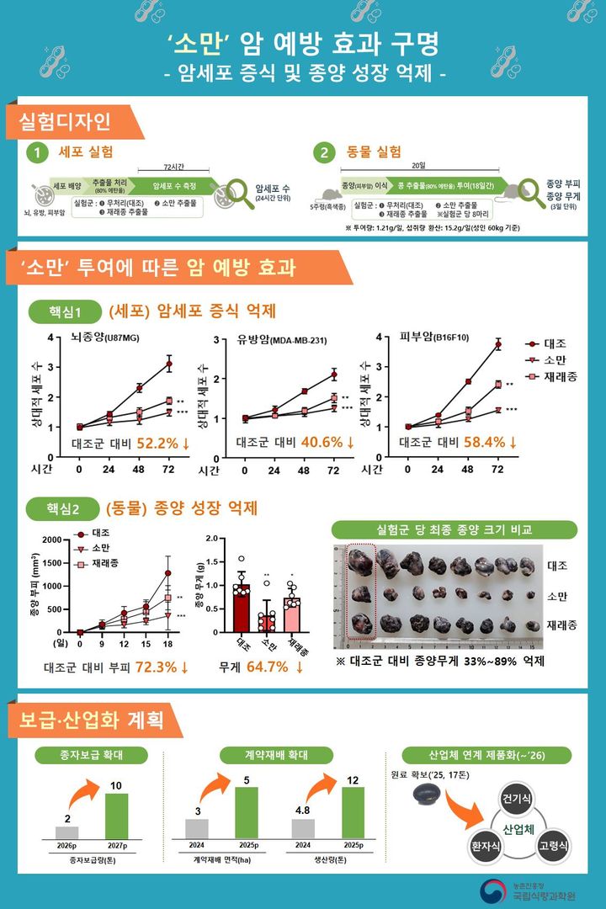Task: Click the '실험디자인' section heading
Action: pos(71,122)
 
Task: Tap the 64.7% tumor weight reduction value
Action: pos(274,667)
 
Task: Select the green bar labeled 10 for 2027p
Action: pos(116,816)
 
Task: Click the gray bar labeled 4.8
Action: pos(302,829)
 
